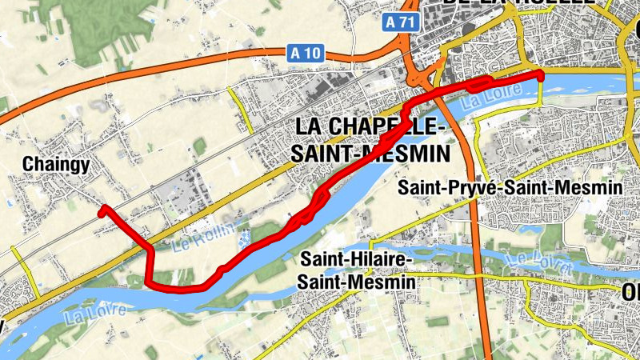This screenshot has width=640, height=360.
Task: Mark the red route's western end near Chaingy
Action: pyautogui.click(x=102, y=210)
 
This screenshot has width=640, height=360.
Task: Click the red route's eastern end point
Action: pyautogui.click(x=540, y=75)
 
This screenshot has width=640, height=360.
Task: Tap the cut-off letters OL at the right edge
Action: pyautogui.click(x=630, y=294)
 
